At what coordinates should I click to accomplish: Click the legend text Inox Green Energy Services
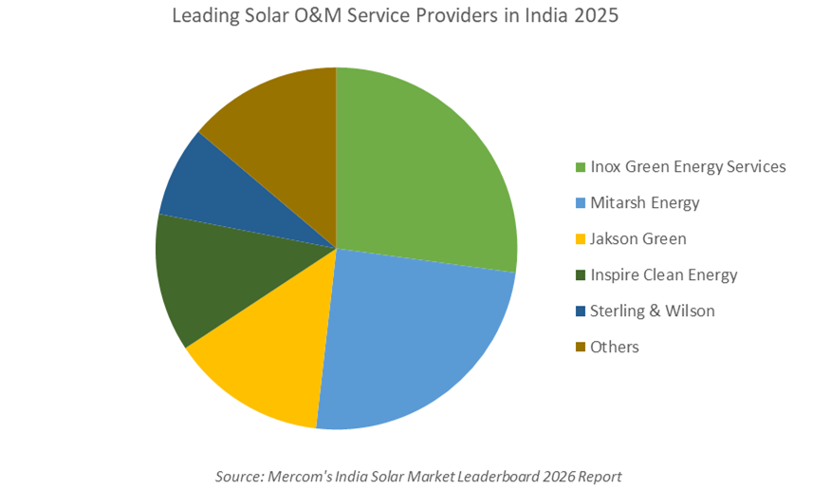pos(688,167)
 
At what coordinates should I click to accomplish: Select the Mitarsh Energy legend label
pos(644,203)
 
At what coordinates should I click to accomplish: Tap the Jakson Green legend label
pos(637,239)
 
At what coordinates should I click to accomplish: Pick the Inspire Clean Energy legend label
pos(663,275)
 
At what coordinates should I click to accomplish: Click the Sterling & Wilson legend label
pos(652,311)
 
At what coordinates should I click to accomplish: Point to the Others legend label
pos(614,348)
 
